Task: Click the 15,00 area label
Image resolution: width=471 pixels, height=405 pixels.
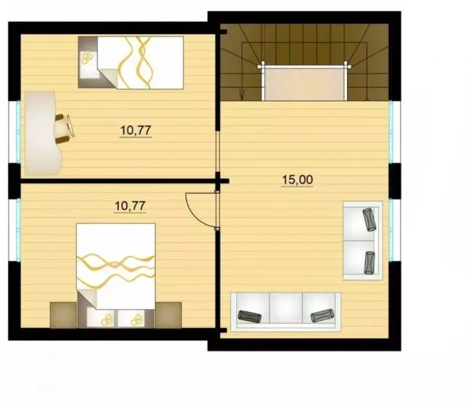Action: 297,179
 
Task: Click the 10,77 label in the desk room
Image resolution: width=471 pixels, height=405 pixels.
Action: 136,131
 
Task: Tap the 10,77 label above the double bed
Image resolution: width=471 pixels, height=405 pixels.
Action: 130,206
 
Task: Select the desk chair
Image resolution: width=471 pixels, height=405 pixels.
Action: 64,128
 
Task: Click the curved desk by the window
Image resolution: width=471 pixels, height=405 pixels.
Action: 42,134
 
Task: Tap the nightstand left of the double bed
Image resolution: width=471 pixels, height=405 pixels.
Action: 63,315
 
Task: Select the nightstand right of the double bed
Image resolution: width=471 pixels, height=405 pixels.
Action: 169,315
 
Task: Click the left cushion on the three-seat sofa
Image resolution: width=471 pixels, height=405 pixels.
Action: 249,317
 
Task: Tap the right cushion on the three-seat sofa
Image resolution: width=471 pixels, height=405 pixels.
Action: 322,315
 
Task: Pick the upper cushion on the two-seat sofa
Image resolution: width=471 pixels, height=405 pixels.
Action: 369,220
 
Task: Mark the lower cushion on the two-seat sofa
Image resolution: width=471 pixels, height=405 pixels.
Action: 370,263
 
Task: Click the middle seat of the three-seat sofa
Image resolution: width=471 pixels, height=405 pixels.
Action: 286,308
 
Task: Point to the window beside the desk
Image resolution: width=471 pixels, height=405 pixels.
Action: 18,131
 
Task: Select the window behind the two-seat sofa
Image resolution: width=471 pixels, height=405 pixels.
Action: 391,230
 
